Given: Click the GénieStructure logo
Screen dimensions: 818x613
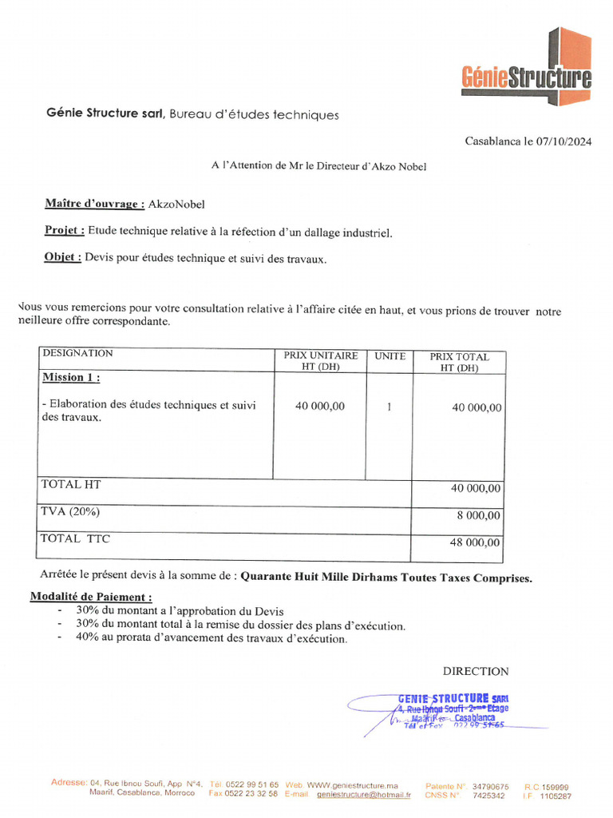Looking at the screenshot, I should (526, 69).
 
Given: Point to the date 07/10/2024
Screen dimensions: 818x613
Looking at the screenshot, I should (564, 141).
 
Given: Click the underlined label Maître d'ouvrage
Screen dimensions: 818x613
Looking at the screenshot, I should (94, 204).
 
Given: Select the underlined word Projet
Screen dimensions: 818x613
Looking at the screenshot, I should (65, 231).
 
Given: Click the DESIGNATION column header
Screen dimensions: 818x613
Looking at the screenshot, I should (77, 353).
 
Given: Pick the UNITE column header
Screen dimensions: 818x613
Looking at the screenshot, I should (390, 356).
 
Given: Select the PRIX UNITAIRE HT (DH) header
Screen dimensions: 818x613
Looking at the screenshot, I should (321, 361).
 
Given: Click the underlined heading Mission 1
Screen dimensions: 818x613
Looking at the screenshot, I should (71, 377).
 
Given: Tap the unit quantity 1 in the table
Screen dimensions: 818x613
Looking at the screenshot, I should (389, 407).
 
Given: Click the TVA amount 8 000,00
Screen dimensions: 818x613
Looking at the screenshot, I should (479, 515).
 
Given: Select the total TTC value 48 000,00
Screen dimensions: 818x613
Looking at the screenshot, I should (476, 542).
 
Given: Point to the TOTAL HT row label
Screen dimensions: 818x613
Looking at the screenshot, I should (71, 484).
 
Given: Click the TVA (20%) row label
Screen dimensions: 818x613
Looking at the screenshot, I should (70, 511).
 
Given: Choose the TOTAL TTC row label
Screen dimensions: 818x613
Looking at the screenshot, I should (75, 538).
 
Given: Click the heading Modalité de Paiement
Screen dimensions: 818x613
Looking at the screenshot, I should (90, 597).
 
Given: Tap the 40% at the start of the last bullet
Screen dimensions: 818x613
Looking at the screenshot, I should (87, 639).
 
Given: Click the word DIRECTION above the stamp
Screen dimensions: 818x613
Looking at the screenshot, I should (476, 672).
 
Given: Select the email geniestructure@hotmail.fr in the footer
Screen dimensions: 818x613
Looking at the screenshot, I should (363, 795).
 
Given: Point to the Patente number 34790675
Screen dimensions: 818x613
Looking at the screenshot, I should (490, 787).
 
